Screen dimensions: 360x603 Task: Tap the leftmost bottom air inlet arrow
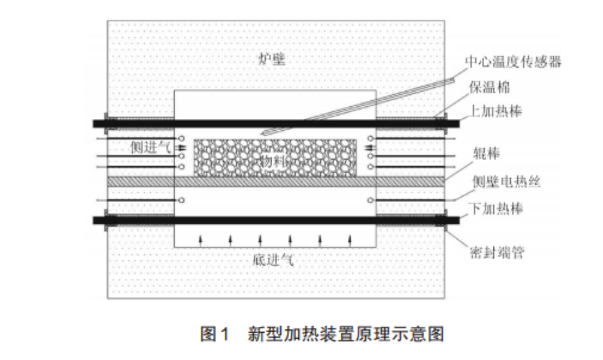click(201, 240)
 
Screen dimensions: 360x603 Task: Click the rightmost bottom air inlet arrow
click(350, 240)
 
